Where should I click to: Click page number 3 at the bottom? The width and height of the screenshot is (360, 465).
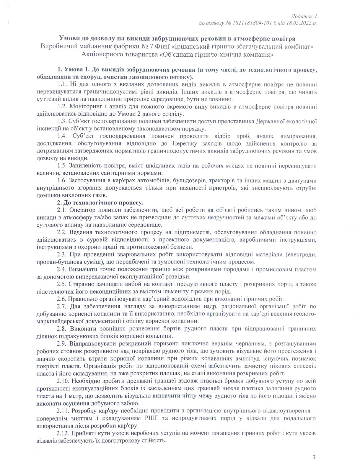pos(314,458)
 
